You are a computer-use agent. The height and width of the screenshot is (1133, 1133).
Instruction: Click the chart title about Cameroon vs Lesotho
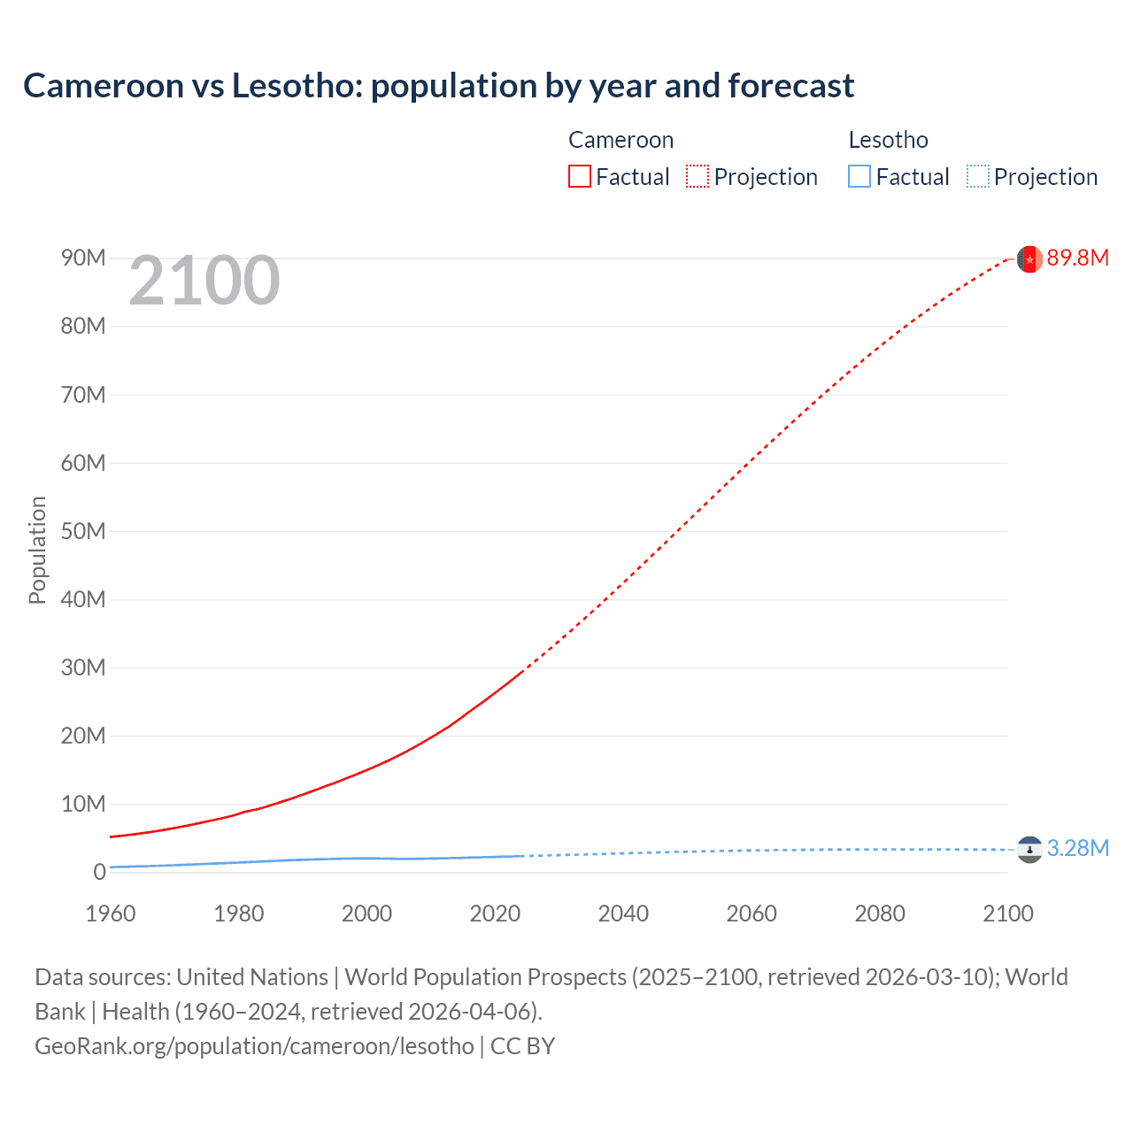click(438, 86)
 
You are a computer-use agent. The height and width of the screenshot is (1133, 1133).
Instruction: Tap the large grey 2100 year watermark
click(204, 281)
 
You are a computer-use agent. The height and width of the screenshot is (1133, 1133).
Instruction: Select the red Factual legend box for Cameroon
click(579, 176)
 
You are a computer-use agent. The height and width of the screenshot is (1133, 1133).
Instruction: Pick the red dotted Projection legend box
click(698, 176)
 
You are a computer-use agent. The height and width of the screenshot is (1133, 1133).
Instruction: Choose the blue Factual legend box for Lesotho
click(859, 176)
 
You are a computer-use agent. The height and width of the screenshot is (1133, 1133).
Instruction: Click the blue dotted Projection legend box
click(977, 176)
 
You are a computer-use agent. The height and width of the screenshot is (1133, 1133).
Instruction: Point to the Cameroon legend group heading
click(620, 140)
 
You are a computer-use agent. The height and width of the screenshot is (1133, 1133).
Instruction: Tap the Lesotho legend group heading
click(888, 140)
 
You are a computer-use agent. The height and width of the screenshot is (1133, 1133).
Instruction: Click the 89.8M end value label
click(1077, 258)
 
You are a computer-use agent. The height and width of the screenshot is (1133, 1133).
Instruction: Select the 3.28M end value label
click(1077, 848)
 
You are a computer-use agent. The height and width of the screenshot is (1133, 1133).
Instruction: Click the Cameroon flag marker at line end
click(1029, 258)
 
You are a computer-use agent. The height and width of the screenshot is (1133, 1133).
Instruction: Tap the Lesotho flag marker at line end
click(1029, 850)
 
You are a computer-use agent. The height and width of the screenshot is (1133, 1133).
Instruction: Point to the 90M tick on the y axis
click(83, 258)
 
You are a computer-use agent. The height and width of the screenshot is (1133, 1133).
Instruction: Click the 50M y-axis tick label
click(83, 531)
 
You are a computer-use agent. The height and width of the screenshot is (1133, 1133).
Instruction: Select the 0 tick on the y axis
click(99, 872)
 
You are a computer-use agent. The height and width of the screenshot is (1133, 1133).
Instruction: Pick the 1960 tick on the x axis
click(111, 913)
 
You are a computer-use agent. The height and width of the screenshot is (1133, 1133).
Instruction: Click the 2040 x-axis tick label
click(623, 913)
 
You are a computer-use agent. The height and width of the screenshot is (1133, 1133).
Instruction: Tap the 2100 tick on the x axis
click(1007, 913)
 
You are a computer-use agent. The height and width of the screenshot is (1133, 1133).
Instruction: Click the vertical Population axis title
click(37, 550)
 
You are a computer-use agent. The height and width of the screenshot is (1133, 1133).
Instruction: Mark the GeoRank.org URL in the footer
click(254, 1045)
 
